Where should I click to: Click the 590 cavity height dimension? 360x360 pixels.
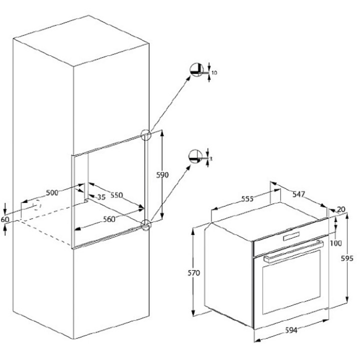pyautogui.click(x=162, y=175)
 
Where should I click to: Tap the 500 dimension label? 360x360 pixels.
pyautogui.click(x=52, y=192)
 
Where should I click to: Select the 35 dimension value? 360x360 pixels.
pyautogui.click(x=101, y=197)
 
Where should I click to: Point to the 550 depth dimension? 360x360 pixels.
pyautogui.click(x=117, y=195)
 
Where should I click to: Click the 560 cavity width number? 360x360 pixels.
pyautogui.click(x=109, y=219)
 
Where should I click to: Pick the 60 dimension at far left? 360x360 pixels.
pyautogui.click(x=5, y=219)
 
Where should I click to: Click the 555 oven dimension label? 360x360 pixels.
pyautogui.click(x=247, y=198)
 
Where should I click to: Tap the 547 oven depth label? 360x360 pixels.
pyautogui.click(x=298, y=194)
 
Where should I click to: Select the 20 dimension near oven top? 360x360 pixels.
pyautogui.click(x=341, y=209)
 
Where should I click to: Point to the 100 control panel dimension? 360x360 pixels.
pyautogui.click(x=335, y=243)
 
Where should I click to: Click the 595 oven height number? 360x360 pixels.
pyautogui.click(x=347, y=258)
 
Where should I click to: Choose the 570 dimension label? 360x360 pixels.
pyautogui.click(x=194, y=273)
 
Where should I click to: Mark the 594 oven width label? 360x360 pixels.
pyautogui.click(x=291, y=330)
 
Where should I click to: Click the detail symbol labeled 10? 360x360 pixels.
pyautogui.click(x=197, y=69)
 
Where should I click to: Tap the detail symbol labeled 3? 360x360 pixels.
pyautogui.click(x=195, y=156)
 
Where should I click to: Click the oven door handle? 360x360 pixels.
pyautogui.click(x=293, y=251)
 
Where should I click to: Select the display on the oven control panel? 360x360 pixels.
pyautogui.click(x=291, y=236)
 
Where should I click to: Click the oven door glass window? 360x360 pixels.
pyautogui.click(x=291, y=282)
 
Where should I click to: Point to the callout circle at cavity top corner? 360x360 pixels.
pyautogui.click(x=146, y=135)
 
